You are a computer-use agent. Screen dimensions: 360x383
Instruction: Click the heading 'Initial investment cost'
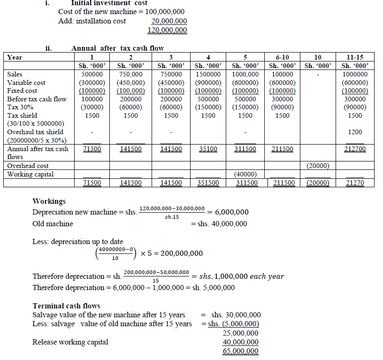109,3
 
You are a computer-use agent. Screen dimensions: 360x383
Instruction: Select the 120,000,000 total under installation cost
167,31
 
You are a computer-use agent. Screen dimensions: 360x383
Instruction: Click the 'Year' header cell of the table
15,57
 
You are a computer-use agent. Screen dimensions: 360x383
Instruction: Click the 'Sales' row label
15,74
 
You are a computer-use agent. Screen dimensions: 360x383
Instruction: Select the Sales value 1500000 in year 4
208,74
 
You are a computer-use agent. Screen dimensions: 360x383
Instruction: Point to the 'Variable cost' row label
26,83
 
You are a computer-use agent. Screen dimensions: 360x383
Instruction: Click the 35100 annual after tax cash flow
208,149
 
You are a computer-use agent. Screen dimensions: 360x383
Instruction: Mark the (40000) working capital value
245,174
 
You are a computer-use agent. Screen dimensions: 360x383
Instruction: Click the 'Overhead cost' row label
28,166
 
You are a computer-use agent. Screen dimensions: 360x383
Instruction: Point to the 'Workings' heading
49,201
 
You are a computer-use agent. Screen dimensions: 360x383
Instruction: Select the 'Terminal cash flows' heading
66,306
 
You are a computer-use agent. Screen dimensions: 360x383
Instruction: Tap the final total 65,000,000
241,351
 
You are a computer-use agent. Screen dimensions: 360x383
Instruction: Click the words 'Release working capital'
70,342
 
